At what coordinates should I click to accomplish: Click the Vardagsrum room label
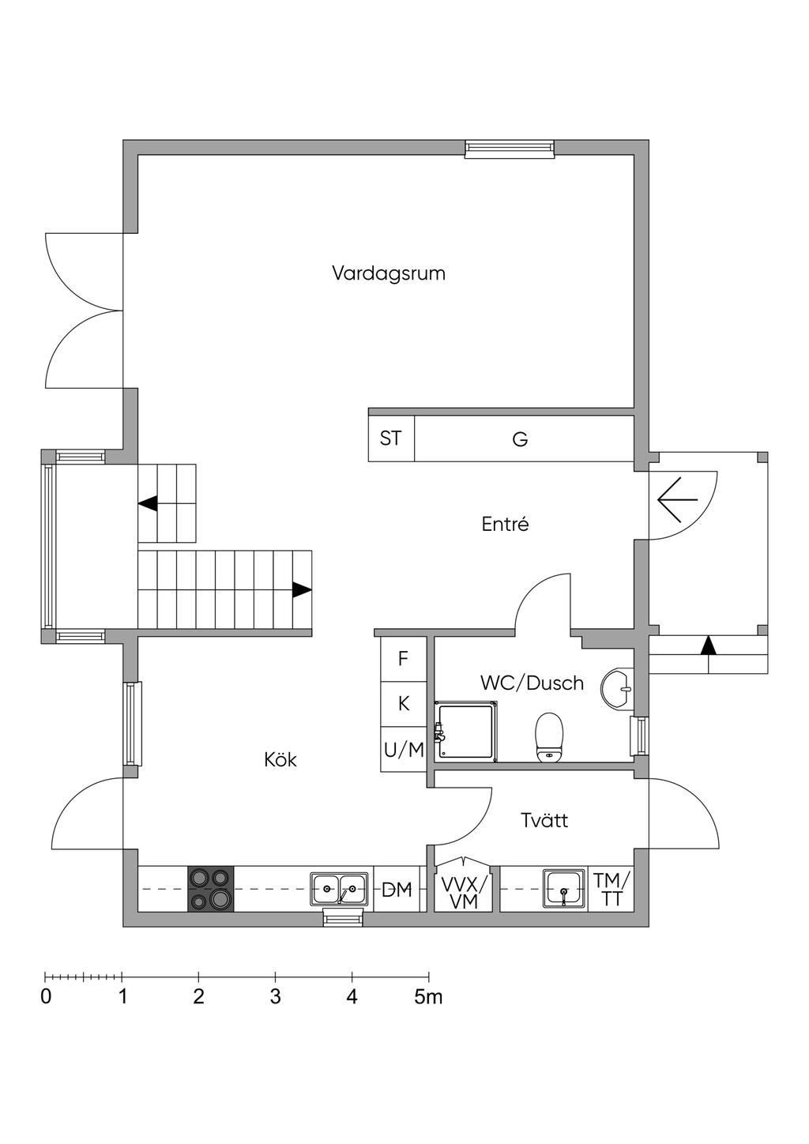388,273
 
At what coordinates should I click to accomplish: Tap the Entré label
505,524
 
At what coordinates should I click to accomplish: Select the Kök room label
280,760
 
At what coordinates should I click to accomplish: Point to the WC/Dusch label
532,683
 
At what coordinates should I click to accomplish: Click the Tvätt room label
544,820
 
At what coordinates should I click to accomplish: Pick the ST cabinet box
391,438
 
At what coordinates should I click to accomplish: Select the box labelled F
404,658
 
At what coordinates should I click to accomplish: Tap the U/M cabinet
404,750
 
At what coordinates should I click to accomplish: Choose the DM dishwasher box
397,890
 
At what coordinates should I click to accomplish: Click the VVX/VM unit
464,891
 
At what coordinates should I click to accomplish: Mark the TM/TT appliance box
611,889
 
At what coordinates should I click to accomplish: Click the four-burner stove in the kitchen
211,889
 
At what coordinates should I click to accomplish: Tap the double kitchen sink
338,889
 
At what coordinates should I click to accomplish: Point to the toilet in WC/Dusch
549,736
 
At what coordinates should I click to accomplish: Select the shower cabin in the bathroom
466,732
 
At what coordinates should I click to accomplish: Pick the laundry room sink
563,889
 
